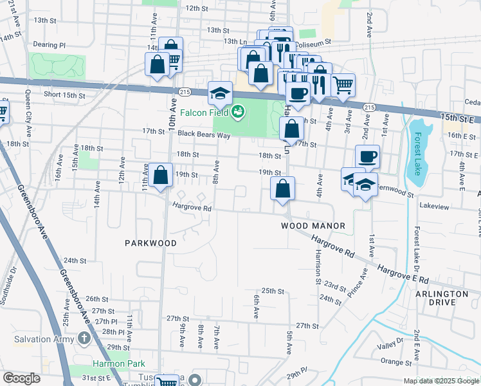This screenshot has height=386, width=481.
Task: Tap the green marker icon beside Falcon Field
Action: point(239,113)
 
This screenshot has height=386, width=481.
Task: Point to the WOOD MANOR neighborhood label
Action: point(313,226)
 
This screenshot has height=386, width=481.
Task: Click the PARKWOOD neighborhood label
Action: point(150,243)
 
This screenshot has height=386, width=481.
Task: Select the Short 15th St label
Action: point(64,95)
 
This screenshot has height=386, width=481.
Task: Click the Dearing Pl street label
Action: point(50,46)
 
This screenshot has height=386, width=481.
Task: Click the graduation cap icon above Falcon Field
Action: point(220,92)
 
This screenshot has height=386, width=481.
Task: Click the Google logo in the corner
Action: point(21,378)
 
